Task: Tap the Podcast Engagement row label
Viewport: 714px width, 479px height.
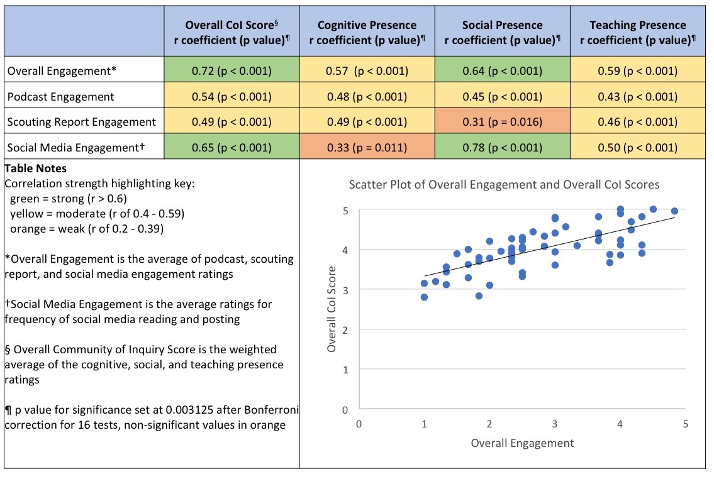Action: [61, 97]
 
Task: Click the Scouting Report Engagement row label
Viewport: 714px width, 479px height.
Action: [81, 122]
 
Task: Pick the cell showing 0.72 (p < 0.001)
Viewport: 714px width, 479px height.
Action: [231, 71]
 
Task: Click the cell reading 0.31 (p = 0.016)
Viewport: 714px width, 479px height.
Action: [501, 122]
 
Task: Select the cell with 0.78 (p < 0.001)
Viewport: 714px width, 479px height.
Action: [501, 148]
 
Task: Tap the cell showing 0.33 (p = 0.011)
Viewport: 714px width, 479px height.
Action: [367, 148]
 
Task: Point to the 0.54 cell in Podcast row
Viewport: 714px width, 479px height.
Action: [231, 97]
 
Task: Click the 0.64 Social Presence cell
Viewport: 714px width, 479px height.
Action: [501, 71]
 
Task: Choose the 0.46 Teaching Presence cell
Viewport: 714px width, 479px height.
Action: [637, 122]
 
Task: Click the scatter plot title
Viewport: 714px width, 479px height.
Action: [505, 185]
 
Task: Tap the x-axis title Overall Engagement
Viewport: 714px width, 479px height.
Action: [522, 443]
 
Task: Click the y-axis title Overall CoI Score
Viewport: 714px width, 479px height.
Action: [332, 309]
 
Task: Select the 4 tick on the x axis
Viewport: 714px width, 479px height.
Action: [620, 424]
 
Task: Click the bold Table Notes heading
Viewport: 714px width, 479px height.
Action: [35, 168]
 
